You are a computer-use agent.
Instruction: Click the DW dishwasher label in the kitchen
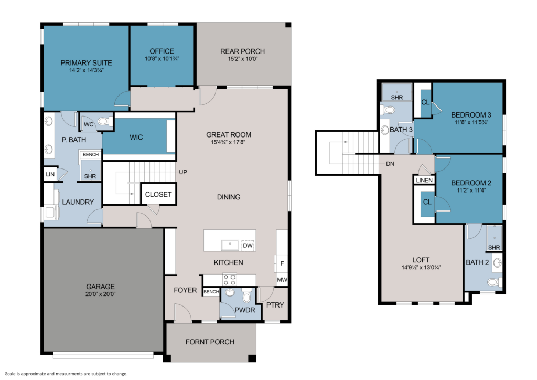point(248,245)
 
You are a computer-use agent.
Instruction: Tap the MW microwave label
point(282,280)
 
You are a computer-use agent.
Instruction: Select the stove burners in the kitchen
point(230,279)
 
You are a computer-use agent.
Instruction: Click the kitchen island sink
point(230,245)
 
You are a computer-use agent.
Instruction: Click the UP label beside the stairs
point(183,172)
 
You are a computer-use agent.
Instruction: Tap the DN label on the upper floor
point(390,164)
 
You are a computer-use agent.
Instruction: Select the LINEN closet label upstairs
point(424,180)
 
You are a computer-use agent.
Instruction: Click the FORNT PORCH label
point(210,342)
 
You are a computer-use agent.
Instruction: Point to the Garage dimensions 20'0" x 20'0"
point(100,294)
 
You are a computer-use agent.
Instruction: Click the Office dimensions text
point(162,59)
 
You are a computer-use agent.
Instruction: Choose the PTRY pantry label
point(275,305)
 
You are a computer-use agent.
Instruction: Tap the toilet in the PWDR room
point(246,295)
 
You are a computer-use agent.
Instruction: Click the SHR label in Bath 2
point(494,247)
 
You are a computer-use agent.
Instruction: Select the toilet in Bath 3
point(388,110)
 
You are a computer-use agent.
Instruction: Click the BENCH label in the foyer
point(211,292)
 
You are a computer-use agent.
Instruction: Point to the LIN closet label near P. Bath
point(50,174)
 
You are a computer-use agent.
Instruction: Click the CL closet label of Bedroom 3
point(425,102)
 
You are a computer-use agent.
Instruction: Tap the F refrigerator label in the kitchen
point(282,263)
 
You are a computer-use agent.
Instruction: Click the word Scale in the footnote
point(10,374)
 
